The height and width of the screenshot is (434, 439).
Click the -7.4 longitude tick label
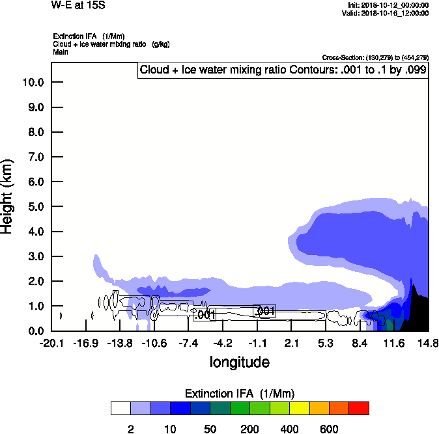pos(188,343)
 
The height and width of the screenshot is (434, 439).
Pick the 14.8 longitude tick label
pos(428,343)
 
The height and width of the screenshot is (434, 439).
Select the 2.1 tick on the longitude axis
pos(291,343)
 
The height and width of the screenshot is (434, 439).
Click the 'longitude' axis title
pos(239,362)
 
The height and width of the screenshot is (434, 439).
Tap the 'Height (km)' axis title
pos(8,195)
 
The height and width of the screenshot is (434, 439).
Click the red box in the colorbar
pos(359,408)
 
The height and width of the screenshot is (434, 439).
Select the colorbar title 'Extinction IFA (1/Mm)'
pos(240,394)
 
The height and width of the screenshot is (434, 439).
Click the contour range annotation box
pos(283,70)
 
